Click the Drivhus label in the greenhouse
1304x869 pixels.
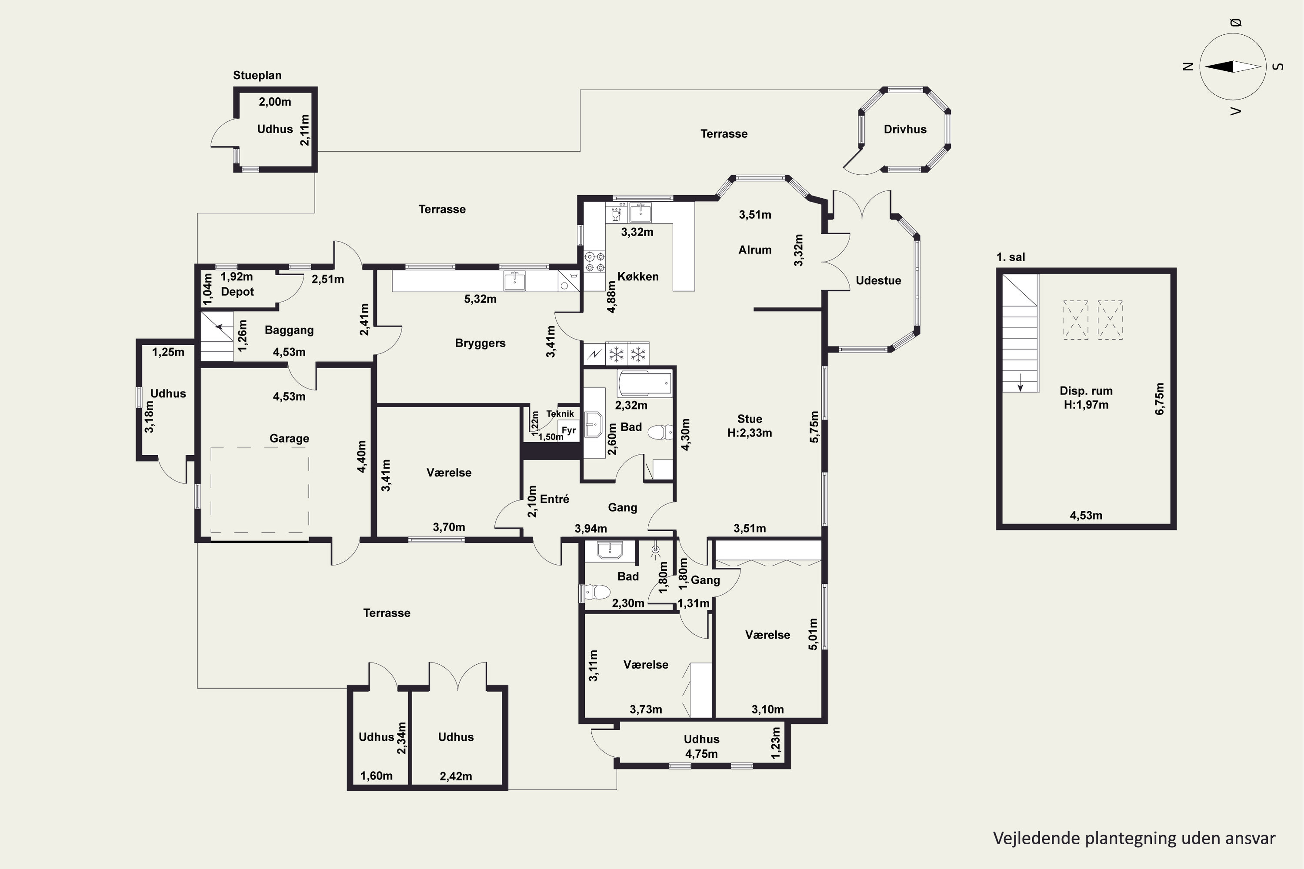click(x=905, y=129)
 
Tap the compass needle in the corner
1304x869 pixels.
click(x=1233, y=67)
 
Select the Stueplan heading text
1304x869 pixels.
click(x=257, y=75)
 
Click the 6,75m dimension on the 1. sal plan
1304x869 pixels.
click(x=1159, y=399)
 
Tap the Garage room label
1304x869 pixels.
click(x=289, y=438)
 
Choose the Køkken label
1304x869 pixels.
click(x=638, y=276)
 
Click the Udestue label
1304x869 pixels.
click(x=878, y=280)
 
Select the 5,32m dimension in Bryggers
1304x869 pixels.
click(x=480, y=299)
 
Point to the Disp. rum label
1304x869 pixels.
click(x=1086, y=391)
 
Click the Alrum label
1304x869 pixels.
click(x=755, y=250)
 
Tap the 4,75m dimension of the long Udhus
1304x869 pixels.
click(x=701, y=754)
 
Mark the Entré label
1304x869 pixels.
click(x=554, y=499)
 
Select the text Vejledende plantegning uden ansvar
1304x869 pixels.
click(x=1134, y=839)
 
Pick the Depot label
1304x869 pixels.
click(x=237, y=292)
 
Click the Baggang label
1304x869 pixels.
click(x=289, y=330)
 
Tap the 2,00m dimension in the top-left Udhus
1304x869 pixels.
click(x=275, y=102)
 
